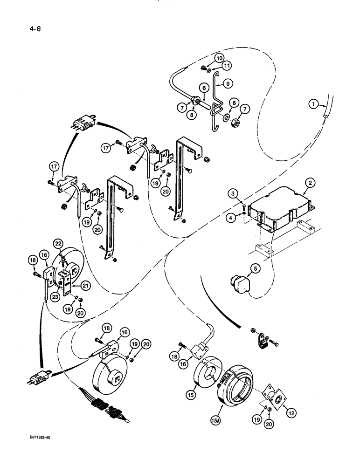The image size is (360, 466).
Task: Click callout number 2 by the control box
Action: pyautogui.click(x=308, y=182)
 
